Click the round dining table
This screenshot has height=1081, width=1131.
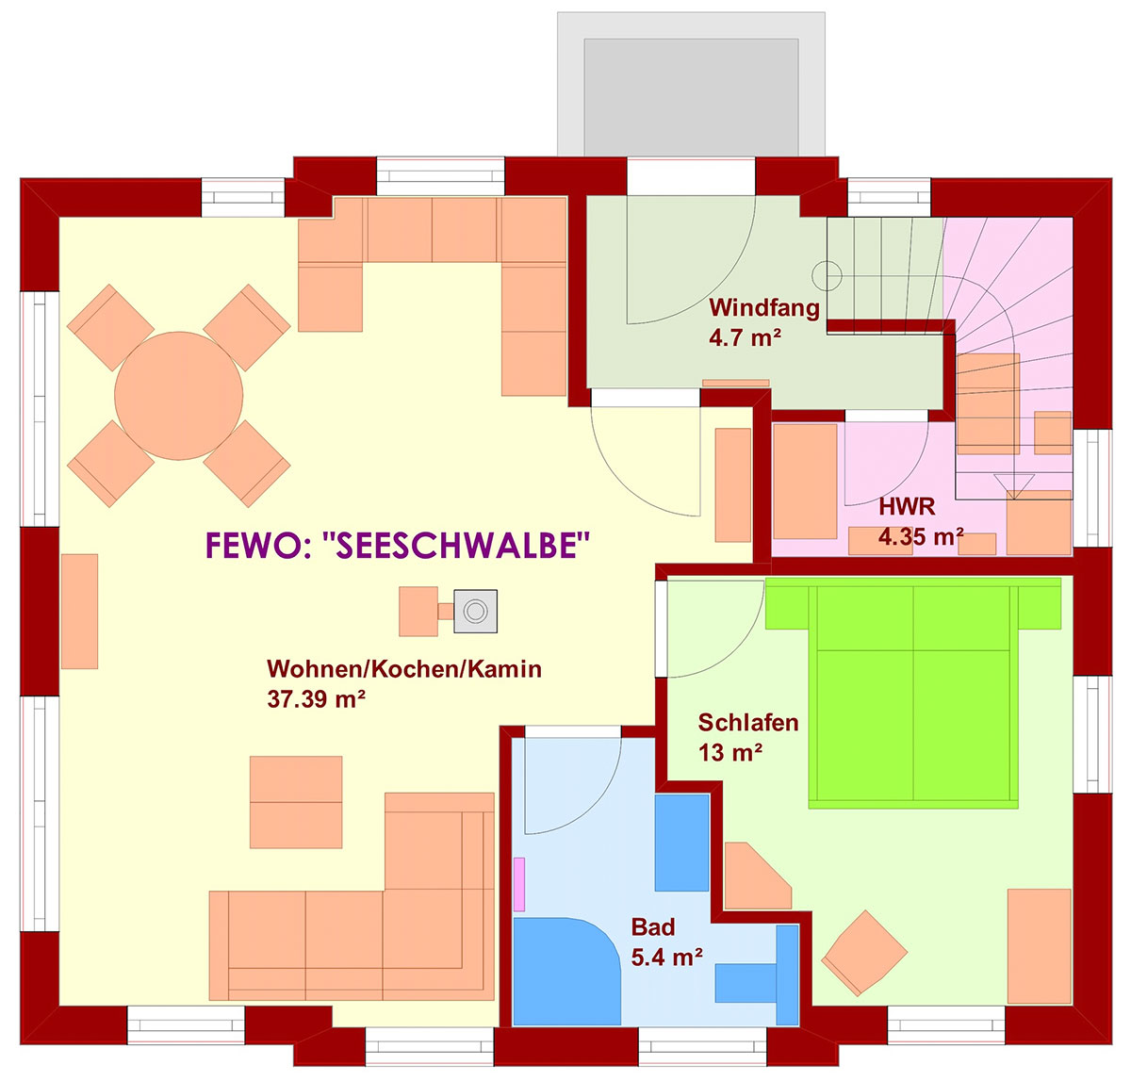tap(178, 395)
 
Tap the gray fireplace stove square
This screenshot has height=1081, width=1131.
tap(475, 612)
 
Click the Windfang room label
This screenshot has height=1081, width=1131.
tap(763, 307)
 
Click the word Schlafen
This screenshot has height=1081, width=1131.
tap(748, 723)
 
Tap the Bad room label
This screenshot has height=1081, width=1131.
tap(652, 927)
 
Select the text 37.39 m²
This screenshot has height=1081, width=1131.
tap(316, 699)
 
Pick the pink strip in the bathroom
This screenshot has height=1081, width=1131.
tap(519, 884)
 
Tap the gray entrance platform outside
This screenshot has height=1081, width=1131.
tap(691, 84)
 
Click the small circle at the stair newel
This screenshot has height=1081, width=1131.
tap(827, 276)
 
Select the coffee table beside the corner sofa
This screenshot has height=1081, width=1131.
tap(296, 802)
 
